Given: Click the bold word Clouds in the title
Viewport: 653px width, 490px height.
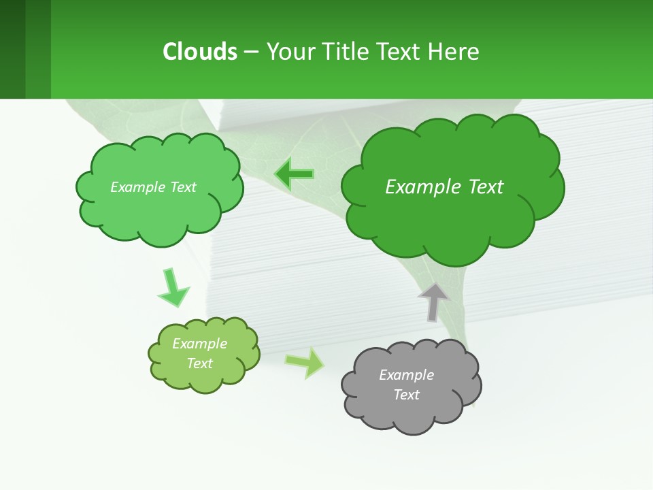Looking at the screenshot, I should [x=200, y=52].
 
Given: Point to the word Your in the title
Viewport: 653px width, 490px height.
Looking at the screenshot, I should [x=290, y=52].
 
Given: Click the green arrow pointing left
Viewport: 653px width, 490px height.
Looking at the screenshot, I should [x=294, y=174].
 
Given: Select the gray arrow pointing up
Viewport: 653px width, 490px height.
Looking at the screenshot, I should [x=433, y=301].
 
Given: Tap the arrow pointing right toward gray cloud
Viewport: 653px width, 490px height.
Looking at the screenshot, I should [x=305, y=362].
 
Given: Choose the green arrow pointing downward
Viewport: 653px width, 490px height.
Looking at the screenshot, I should [x=173, y=287].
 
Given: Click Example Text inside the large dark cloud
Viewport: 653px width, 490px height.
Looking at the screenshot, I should [x=444, y=187].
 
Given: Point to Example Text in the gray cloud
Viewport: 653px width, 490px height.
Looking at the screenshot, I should [x=406, y=385].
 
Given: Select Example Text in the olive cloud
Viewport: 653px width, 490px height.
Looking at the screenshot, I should [x=199, y=353].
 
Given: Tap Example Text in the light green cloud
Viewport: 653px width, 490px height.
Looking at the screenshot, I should [x=153, y=187].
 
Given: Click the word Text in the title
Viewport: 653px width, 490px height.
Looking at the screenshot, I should [x=399, y=52].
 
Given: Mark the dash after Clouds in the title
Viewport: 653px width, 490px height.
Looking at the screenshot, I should [x=252, y=52].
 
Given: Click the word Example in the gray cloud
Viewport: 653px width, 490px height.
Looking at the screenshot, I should [x=406, y=375].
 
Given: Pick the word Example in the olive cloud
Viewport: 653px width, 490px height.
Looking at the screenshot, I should [x=199, y=344].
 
